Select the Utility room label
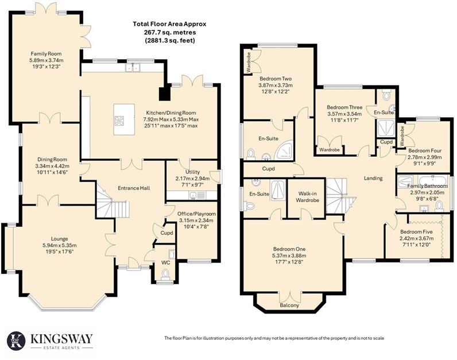pos(192,172)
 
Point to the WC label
pos(166,263)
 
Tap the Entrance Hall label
pos(134,188)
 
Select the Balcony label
pos(290,305)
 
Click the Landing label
pos(373,179)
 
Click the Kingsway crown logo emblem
pos(16,340)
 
